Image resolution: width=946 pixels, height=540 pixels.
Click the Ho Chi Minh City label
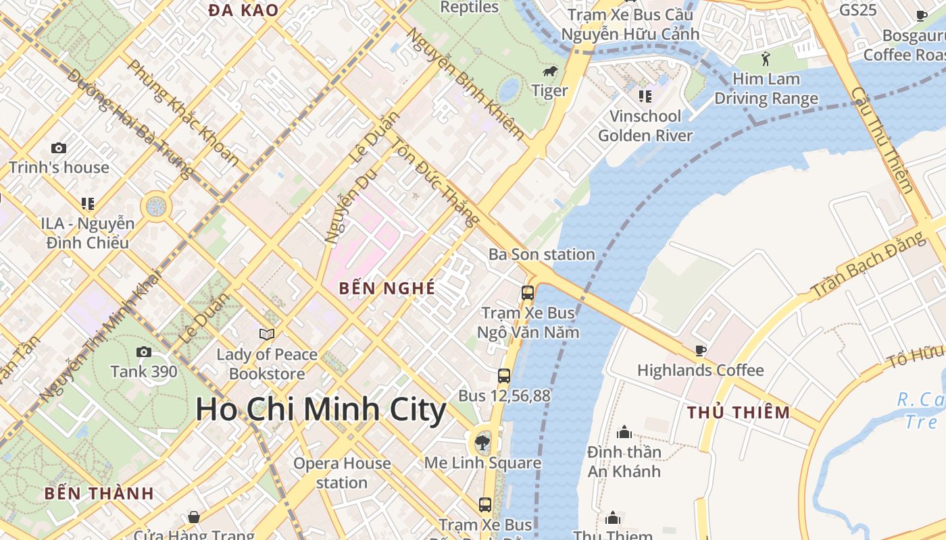pyautogui.click(x=321, y=410)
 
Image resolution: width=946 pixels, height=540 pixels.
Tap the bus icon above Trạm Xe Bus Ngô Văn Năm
pyautogui.click(x=528, y=293)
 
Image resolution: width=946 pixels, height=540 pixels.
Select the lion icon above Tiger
pyautogui.click(x=549, y=71)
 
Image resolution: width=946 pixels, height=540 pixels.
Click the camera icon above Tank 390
pyautogui.click(x=144, y=352)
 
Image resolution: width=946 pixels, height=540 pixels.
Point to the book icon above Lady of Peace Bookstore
pyautogui.click(x=267, y=334)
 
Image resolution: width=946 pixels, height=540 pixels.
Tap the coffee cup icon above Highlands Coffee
pyautogui.click(x=701, y=350)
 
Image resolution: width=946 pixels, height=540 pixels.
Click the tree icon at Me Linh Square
pyautogui.click(x=482, y=443)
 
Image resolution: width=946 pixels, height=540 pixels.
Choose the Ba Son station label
pyautogui.click(x=541, y=254)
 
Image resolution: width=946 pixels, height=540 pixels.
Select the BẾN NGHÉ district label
pyautogui.click(x=387, y=288)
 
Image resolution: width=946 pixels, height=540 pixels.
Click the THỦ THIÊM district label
pyautogui.click(x=739, y=412)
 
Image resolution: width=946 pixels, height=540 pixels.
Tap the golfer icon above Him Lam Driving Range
pyautogui.click(x=766, y=59)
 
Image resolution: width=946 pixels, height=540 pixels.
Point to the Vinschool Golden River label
pyautogui.click(x=645, y=126)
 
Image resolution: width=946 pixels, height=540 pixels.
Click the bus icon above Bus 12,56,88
pyautogui.click(x=504, y=376)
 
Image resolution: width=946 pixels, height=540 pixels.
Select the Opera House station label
pyautogui.click(x=342, y=473)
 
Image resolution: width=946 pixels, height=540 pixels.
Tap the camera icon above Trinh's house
pyautogui.click(x=59, y=148)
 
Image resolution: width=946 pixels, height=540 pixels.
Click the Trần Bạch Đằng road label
pyautogui.click(x=868, y=265)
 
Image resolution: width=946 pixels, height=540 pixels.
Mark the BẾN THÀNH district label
pyautogui.click(x=99, y=493)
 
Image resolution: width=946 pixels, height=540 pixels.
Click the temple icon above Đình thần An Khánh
pyautogui.click(x=624, y=432)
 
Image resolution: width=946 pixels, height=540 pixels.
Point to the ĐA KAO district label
pyautogui.click(x=243, y=10)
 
